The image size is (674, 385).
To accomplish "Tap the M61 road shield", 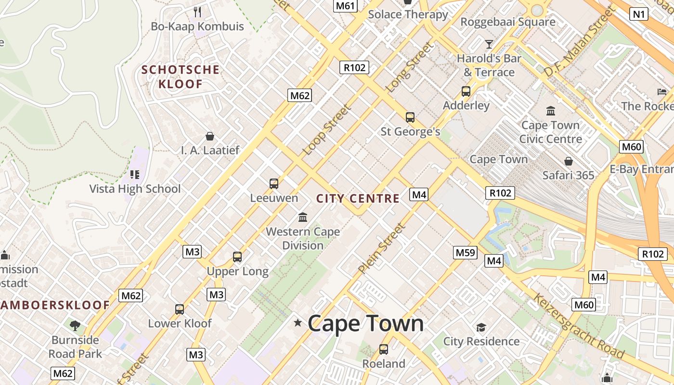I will (345, 6).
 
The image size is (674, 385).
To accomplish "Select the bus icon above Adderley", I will (466, 91).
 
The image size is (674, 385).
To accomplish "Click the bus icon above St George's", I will (410, 117).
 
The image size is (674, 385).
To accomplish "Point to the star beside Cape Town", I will (298, 323).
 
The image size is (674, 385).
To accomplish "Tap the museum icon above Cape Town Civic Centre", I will (551, 111).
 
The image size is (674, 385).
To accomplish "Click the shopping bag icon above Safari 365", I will (569, 161).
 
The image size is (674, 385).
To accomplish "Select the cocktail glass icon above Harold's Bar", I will (489, 44).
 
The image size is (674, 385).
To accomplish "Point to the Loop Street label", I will (326, 130).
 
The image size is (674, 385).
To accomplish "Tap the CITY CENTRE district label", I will (358, 198).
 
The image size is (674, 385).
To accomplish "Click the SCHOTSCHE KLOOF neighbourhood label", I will (181, 77).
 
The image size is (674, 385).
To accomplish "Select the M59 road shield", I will (465, 252).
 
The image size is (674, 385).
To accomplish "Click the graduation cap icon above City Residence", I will (481, 328).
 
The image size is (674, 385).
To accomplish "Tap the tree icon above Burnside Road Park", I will (75, 326).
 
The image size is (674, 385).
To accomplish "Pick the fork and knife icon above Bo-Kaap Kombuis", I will (197, 12).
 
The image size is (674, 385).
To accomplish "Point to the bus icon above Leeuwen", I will (274, 183).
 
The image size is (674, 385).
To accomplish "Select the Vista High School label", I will (135, 189).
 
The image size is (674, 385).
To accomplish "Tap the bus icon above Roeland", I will (384, 349).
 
